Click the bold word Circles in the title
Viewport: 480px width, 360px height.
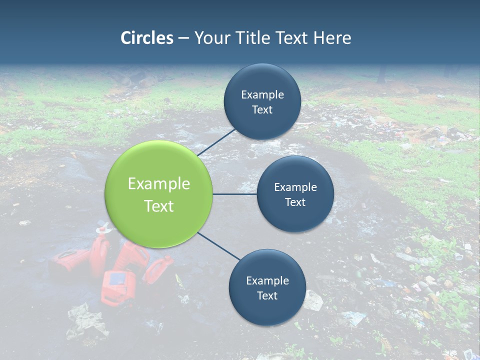(x=147, y=38)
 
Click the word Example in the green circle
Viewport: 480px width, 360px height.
(x=159, y=184)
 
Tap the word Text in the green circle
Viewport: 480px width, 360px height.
(x=159, y=206)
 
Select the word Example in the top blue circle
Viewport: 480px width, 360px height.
(x=262, y=94)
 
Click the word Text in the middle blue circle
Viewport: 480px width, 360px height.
(x=295, y=202)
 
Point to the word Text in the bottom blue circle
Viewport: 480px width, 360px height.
(x=267, y=296)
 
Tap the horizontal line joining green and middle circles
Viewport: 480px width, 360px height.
(x=235, y=194)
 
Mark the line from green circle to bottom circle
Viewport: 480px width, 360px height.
(x=219, y=246)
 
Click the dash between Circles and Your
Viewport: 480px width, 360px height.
(x=183, y=38)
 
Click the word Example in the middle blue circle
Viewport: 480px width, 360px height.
(x=295, y=187)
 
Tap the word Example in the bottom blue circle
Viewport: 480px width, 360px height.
(x=267, y=280)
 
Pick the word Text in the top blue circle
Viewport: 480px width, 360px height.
(x=262, y=110)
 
